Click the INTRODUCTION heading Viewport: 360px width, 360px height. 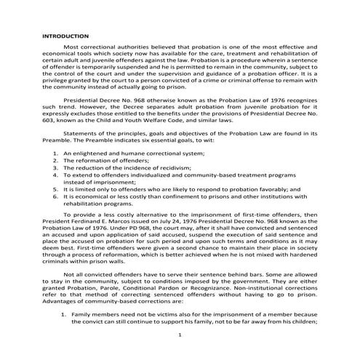(x=65, y=35)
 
